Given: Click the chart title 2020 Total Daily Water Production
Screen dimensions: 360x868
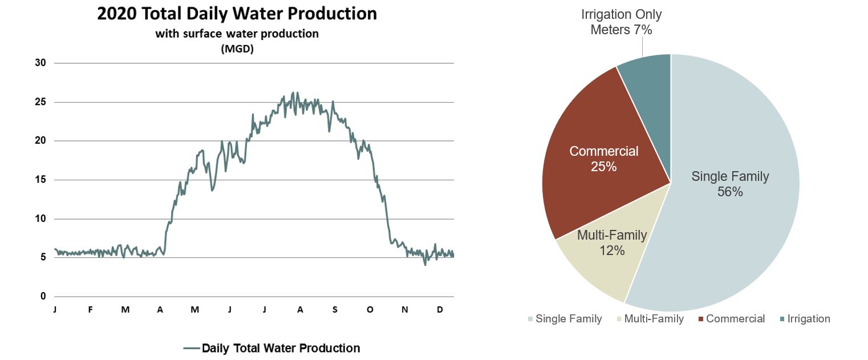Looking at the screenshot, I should click(x=237, y=14).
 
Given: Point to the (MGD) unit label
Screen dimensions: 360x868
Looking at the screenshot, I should click(x=237, y=49).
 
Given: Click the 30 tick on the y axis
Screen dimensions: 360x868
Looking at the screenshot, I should click(x=40, y=63).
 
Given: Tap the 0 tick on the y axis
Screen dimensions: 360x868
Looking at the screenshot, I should click(x=42, y=297).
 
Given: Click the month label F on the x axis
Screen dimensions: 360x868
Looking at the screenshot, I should click(x=90, y=310).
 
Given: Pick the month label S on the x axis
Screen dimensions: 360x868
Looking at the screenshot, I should click(x=335, y=310).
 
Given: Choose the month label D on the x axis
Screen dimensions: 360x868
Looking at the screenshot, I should click(x=440, y=310).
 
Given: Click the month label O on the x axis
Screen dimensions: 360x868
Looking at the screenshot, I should click(x=370, y=310).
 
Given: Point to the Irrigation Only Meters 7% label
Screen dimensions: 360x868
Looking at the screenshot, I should click(x=621, y=22).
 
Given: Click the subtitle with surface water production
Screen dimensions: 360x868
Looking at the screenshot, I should click(x=237, y=34).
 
